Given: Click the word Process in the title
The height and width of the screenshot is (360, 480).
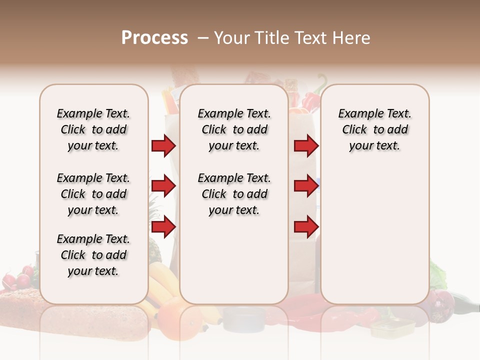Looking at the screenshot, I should click(x=154, y=38).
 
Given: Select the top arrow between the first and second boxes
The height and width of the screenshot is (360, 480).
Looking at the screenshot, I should click(x=163, y=146).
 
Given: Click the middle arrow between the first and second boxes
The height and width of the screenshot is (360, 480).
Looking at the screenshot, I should click(x=163, y=186).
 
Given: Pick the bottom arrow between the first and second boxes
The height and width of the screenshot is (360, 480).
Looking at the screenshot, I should click(x=163, y=227).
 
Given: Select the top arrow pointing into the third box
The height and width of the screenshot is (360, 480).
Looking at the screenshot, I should click(x=306, y=146).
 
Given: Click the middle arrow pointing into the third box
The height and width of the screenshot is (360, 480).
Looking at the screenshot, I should click(x=306, y=186).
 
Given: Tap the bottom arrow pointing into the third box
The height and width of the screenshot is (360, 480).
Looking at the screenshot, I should click(x=306, y=227).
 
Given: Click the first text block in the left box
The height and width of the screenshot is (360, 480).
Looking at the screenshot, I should click(x=93, y=129).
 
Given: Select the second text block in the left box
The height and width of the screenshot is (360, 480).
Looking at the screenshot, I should click(x=93, y=194).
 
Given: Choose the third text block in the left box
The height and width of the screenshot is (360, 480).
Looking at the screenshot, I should click(x=93, y=255).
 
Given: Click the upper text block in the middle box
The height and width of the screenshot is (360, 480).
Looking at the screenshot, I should click(x=234, y=129).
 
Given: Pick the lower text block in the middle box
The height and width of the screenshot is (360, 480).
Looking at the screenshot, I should click(x=234, y=194).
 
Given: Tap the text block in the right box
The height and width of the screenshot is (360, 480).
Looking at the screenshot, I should click(x=374, y=129).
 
